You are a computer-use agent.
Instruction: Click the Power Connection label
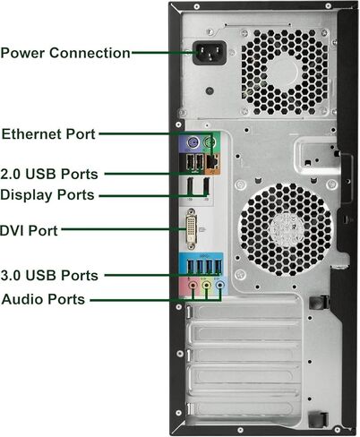[x=65, y=53]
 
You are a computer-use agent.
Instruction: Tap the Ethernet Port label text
[x=48, y=134]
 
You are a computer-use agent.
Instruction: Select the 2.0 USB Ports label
[x=49, y=173]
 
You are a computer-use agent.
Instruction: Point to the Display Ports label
[x=47, y=194]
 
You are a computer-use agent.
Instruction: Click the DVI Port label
[x=29, y=230]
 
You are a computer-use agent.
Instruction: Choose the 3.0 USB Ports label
[x=49, y=276]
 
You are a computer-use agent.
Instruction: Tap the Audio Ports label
[x=44, y=299]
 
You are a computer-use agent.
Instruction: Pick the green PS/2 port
[x=211, y=144]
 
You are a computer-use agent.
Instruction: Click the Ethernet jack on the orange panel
[x=212, y=162]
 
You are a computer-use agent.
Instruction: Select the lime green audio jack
[x=205, y=287]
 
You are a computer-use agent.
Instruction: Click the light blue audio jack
[x=220, y=287]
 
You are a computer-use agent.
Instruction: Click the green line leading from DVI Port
[x=121, y=230]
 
